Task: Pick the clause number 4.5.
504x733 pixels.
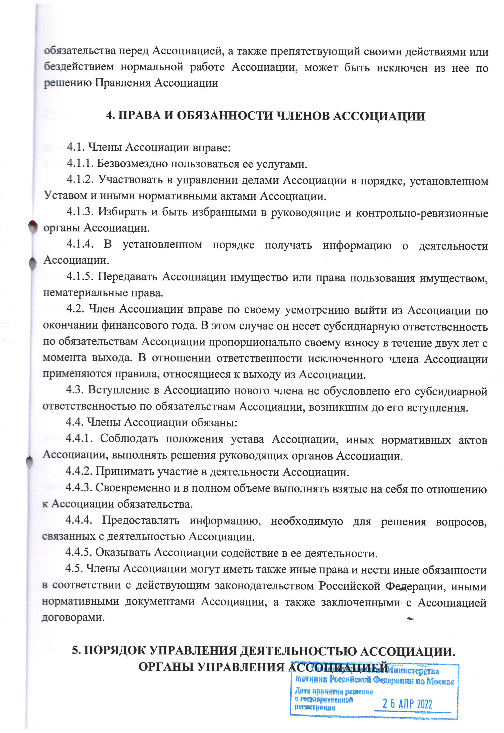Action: [74, 569]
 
